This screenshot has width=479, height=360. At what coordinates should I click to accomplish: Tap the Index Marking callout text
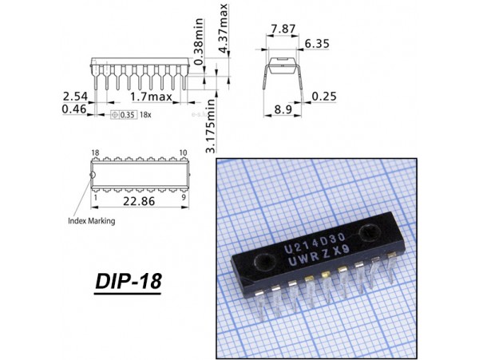tap(91, 220)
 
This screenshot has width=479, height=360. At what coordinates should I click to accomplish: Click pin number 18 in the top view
tap(95, 152)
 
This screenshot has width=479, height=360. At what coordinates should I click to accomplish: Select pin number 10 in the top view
tap(183, 152)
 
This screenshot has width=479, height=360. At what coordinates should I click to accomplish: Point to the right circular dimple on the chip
tap(370, 234)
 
